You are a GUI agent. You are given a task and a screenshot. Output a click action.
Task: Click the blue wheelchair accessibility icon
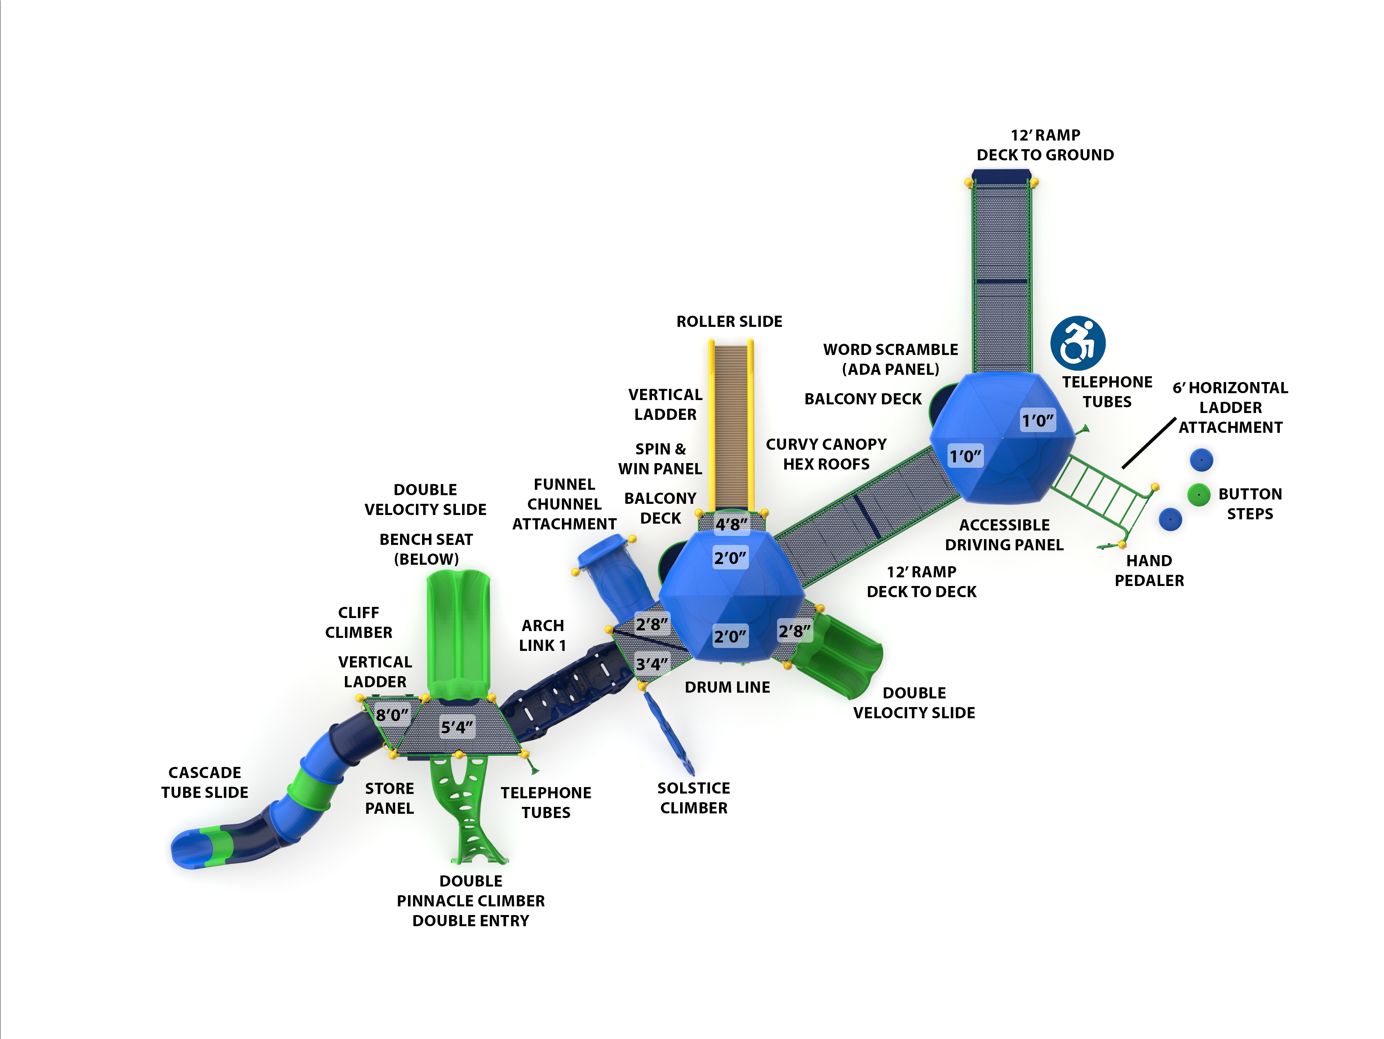[x=1077, y=343]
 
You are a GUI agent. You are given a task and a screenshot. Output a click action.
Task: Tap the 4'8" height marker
[x=731, y=524]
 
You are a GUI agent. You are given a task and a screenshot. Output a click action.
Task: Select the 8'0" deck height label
[x=392, y=714]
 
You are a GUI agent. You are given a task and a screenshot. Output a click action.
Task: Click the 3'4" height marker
[x=652, y=664]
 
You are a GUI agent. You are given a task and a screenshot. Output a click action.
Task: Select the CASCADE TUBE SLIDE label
[x=205, y=782]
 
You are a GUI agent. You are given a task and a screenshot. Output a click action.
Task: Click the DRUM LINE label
[x=727, y=687]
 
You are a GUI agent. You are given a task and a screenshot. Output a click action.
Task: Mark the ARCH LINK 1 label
[x=542, y=635]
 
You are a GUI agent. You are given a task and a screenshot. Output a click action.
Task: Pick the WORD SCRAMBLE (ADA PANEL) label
[x=890, y=359]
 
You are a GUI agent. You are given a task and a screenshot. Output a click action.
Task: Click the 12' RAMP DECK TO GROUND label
[x=1045, y=145]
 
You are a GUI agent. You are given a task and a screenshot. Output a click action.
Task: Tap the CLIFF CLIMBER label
[x=359, y=622]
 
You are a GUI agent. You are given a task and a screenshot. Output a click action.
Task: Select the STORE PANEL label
[x=389, y=798]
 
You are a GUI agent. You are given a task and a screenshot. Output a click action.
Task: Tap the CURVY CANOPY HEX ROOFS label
[x=826, y=454]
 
